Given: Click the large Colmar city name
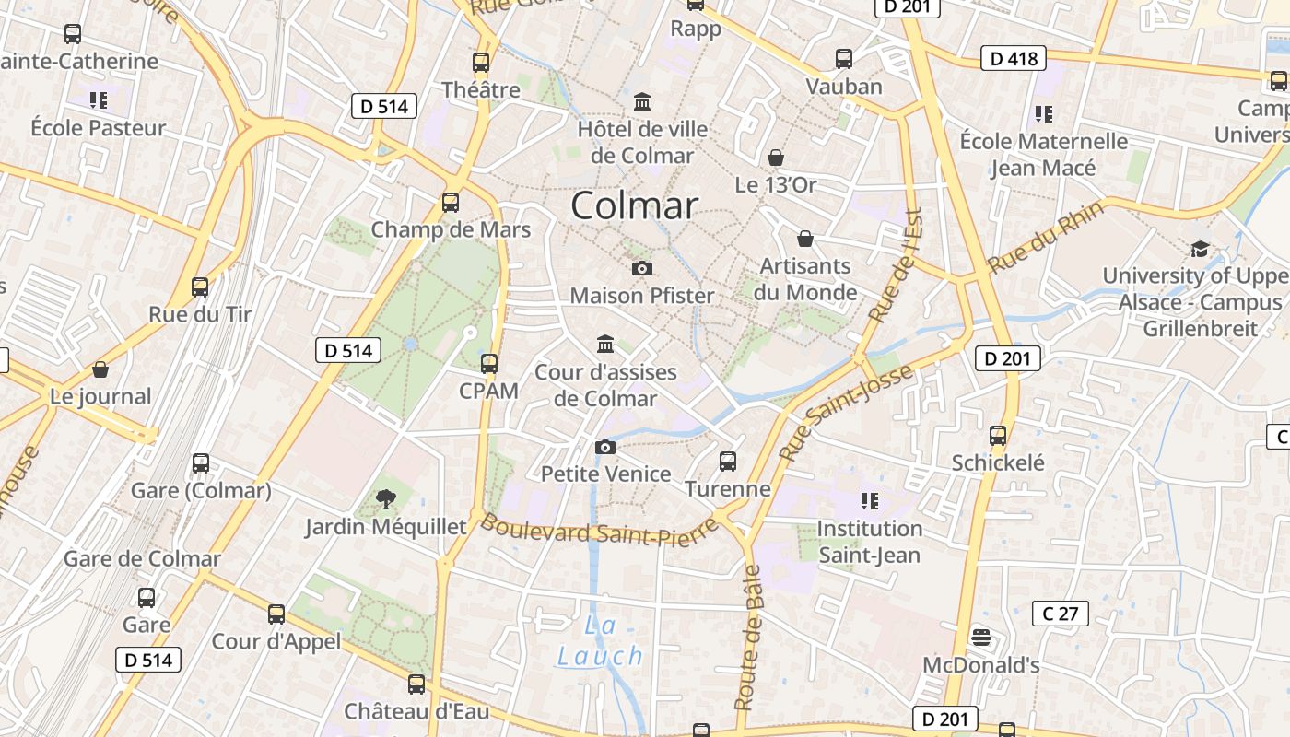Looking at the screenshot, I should pos(634,205).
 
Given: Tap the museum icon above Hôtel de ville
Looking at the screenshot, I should pos(642,100).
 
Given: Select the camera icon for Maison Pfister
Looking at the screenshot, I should pos(642,268).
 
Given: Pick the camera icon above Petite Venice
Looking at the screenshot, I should pos(605,447).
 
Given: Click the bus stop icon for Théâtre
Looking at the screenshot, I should pos(480,63).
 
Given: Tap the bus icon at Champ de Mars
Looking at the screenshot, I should pos(451,203).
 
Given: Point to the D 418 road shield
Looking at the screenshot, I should pos(1014,59).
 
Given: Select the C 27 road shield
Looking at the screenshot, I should pos(1061,614).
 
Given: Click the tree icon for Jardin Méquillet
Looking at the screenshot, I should pos(386,499).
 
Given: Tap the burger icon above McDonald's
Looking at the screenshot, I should pos(981,637).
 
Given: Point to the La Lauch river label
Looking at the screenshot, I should pos(600,641).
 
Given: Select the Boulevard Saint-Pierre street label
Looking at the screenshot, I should pos(599,529).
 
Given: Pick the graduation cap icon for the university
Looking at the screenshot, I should pos(1200,249).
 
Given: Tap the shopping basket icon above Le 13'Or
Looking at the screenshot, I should pos(776,158).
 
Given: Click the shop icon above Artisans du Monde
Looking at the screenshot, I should pos(805,240).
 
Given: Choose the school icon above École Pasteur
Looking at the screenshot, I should pos(98,99).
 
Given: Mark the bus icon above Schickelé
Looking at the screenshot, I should pos(998,435).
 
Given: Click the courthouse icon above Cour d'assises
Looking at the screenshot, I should pos(605,344).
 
